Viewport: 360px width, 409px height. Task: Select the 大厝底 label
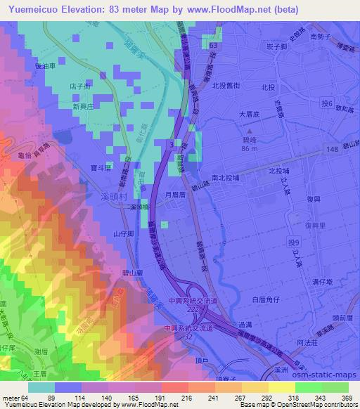point(250,112)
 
